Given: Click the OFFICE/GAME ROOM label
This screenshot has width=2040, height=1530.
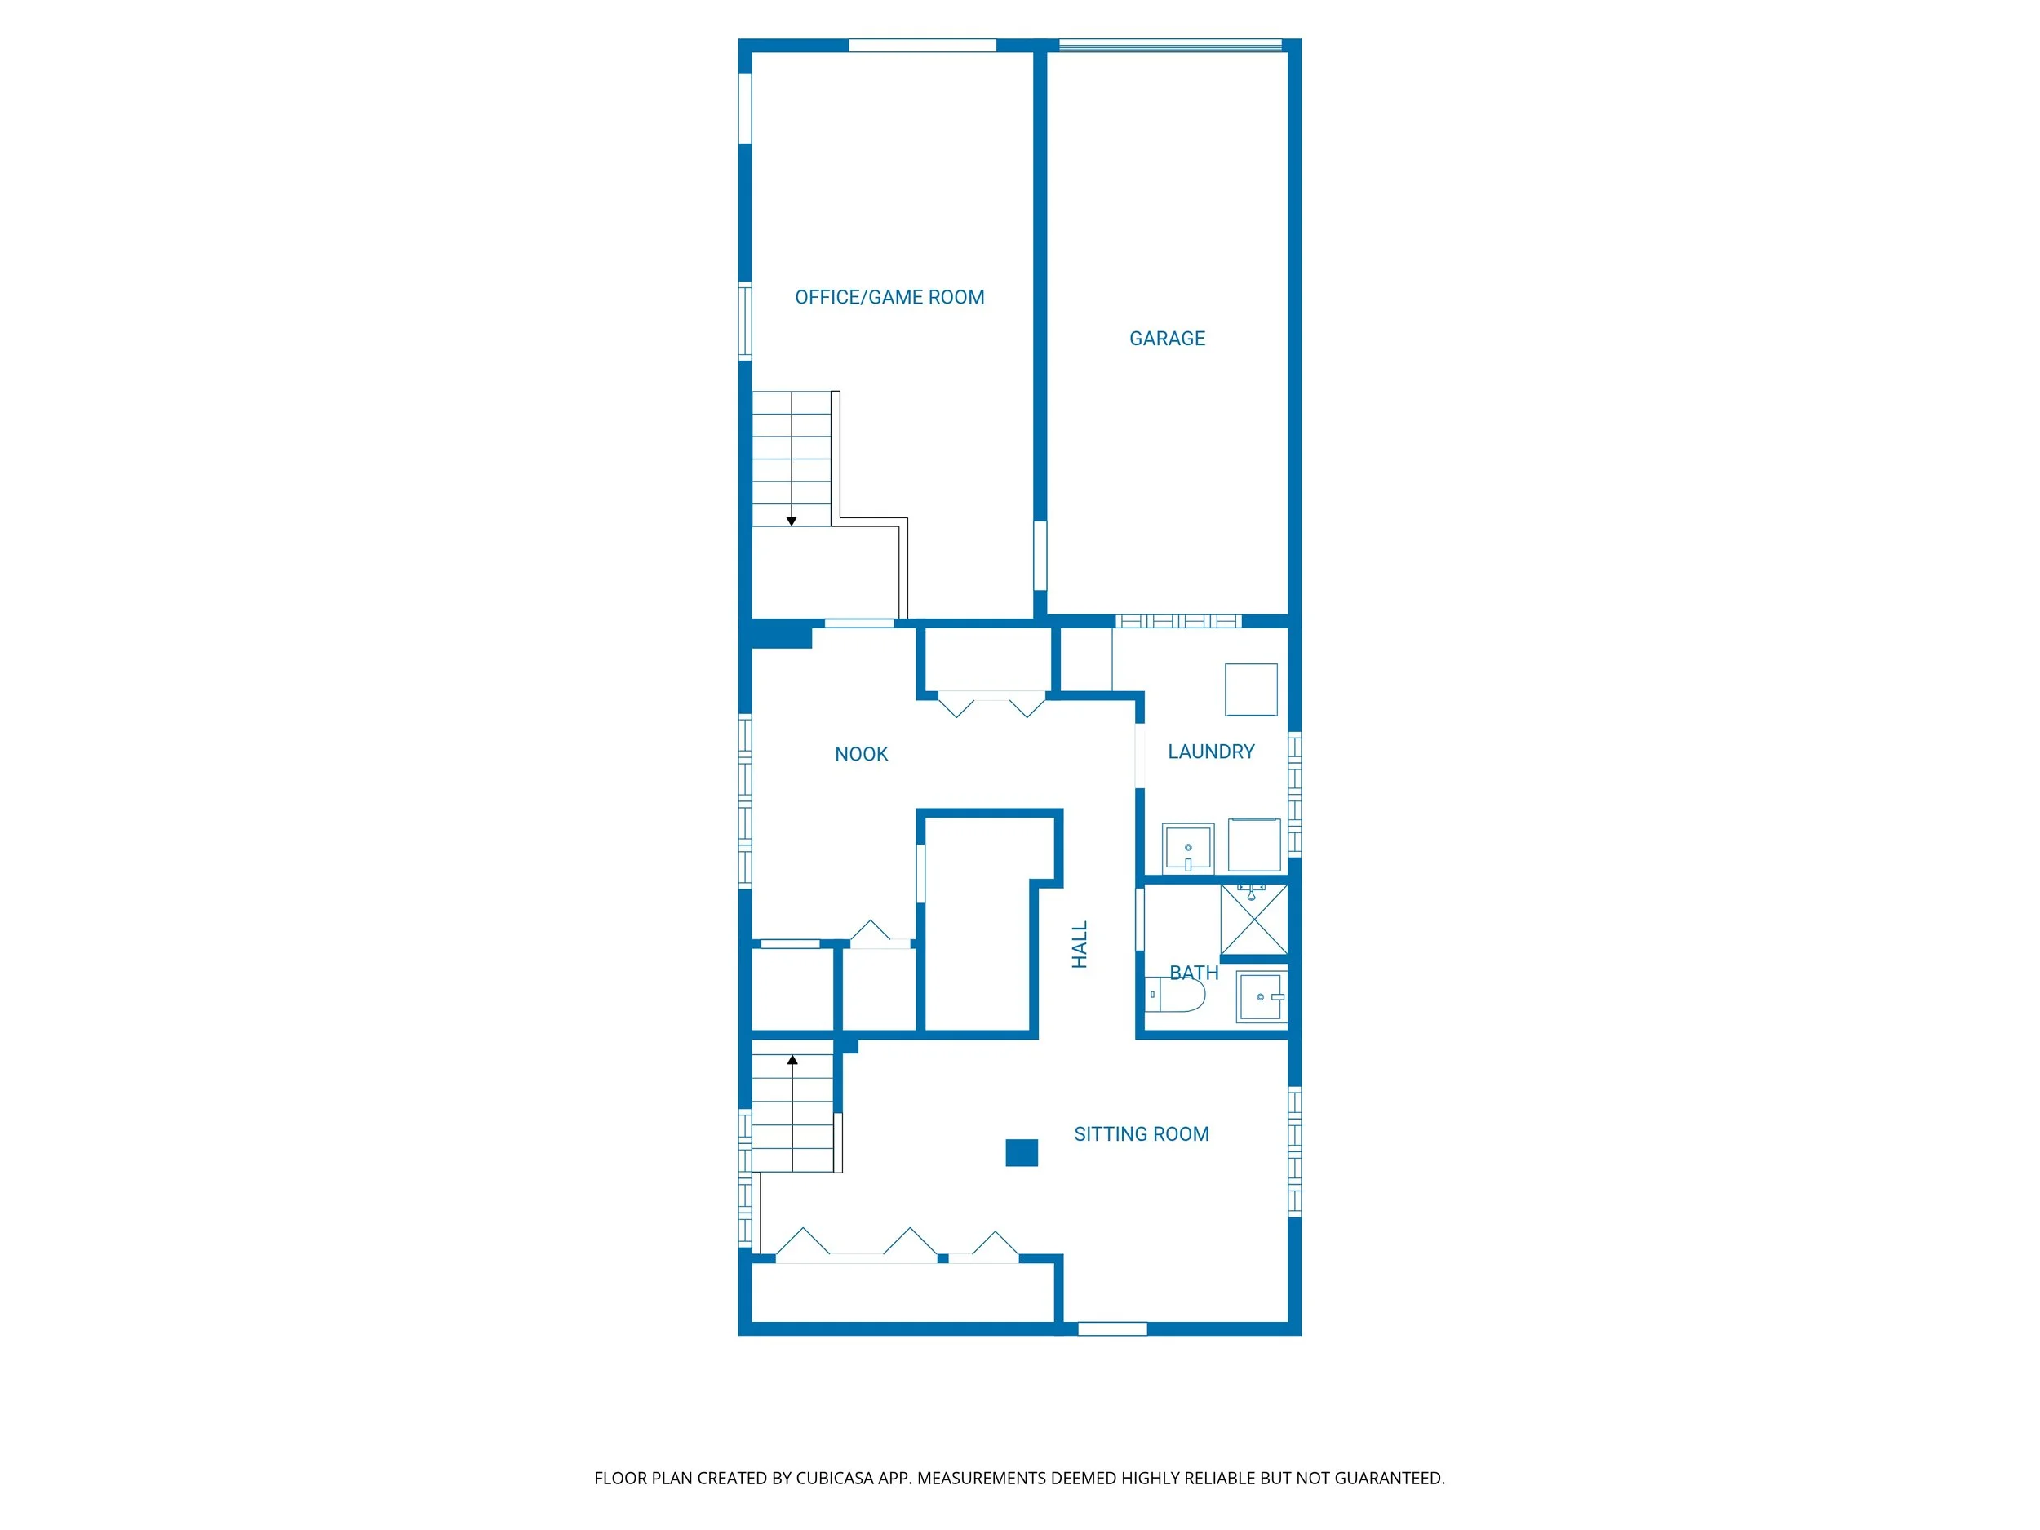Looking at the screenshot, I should click(x=889, y=297).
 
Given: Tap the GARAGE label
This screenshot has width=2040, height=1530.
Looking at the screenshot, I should click(x=1167, y=339).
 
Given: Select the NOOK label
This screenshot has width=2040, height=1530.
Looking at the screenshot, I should click(x=860, y=755).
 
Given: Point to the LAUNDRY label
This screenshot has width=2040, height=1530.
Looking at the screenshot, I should click(x=1210, y=752).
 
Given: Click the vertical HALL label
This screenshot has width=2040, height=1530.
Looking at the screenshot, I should click(x=1079, y=944).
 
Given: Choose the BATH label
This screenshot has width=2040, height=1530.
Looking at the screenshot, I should click(x=1193, y=973).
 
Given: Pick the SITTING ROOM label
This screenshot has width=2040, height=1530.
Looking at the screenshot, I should click(x=1141, y=1134).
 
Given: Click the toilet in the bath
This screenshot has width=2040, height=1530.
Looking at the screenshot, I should click(x=1177, y=995).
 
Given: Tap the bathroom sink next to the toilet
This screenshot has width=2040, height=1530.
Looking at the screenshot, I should click(x=1261, y=997).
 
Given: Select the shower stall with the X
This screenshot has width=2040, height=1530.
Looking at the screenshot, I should click(x=1253, y=920).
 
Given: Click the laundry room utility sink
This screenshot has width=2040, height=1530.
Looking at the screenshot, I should click(x=1188, y=848).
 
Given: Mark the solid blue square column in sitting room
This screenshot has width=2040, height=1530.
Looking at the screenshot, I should click(x=1021, y=1153).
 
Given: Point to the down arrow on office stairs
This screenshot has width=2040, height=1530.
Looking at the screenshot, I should click(x=792, y=521).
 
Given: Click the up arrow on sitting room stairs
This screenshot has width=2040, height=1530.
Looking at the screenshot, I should click(x=792, y=1061).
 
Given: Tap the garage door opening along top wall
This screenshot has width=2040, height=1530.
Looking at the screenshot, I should click(x=1169, y=44).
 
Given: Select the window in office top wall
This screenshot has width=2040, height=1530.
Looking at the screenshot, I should click(x=922, y=44).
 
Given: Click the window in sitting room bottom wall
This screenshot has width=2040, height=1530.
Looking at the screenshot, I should click(x=1112, y=1329).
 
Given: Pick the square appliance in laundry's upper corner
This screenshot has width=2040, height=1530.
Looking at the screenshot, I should click(x=1251, y=689).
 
